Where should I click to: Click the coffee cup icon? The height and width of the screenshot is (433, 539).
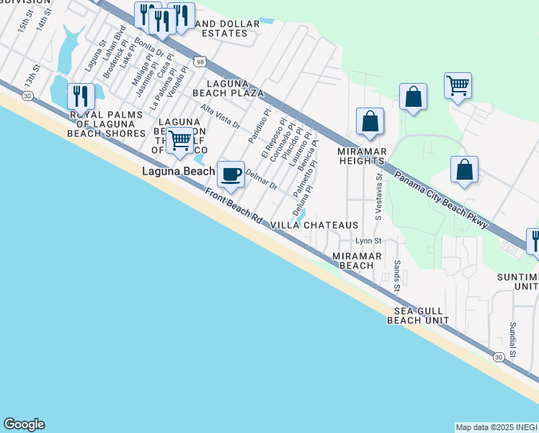[231, 174]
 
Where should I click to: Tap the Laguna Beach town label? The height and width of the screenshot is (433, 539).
[178, 171]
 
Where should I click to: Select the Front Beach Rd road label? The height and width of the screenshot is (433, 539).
[233, 205]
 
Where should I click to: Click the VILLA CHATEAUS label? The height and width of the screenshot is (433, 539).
[314, 225]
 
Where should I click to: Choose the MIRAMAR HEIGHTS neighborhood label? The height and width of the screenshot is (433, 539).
[363, 157]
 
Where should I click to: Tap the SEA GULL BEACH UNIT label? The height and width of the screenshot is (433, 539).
[422, 315]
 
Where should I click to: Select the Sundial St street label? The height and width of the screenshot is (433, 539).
[513, 340]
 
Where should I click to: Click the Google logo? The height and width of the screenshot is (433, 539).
[24, 424]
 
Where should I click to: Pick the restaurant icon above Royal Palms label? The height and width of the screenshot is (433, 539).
[81, 96]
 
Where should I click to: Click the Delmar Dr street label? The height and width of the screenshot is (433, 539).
[262, 179]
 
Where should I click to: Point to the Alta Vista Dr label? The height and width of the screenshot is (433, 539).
[220, 116]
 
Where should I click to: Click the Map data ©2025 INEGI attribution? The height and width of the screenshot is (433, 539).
[496, 427]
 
